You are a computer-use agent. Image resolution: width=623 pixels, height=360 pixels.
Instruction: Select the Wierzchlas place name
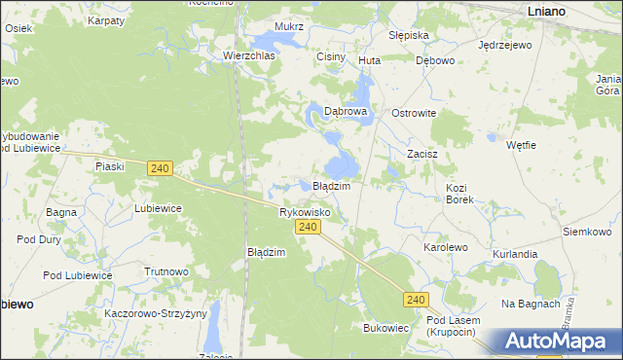[x=249, y=56]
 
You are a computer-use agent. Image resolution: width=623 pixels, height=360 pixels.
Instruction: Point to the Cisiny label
[x=331, y=57]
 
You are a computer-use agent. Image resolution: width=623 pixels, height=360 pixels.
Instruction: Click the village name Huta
[x=369, y=60]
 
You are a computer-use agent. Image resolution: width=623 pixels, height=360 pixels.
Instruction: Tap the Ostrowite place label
[x=414, y=113]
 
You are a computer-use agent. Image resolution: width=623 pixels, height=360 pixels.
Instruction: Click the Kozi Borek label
[x=459, y=193]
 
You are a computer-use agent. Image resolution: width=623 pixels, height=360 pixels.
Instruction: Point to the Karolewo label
[x=445, y=248]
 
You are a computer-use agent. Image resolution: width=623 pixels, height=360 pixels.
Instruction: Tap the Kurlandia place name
[x=515, y=254]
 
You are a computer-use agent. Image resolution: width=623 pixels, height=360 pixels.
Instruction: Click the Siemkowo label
[x=587, y=233]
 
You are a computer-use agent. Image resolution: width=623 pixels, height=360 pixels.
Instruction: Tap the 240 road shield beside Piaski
[x=161, y=168]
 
